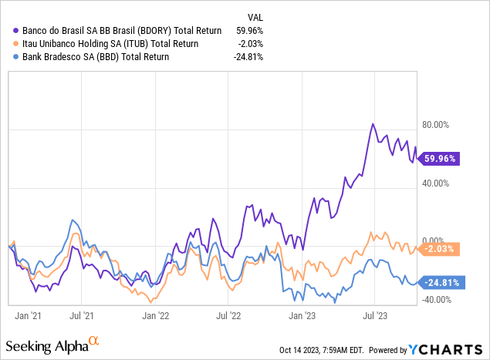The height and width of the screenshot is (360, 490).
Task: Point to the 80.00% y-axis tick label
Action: (x=434, y=125)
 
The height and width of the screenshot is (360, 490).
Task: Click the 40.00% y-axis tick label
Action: (x=434, y=183)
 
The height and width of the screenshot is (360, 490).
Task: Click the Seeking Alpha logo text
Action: (x=48, y=345)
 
